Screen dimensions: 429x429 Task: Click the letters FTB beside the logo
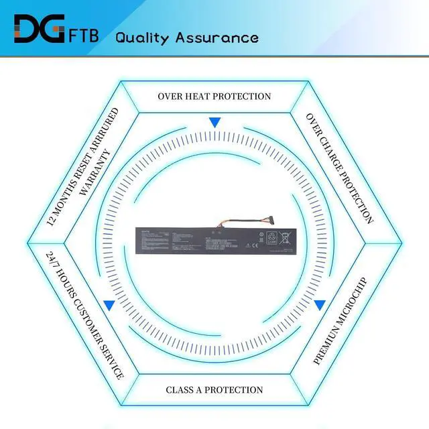tap(84, 35)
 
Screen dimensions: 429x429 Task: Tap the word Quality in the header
tap(143, 37)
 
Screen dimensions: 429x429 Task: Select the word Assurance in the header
tap(216, 37)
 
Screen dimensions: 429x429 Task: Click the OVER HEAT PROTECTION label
tap(214, 96)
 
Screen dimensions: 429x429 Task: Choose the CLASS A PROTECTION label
tap(214, 389)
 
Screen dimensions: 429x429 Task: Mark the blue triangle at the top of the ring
tap(214, 123)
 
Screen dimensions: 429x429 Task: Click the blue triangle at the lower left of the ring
tap(109, 305)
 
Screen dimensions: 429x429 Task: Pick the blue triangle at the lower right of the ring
tap(320, 305)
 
